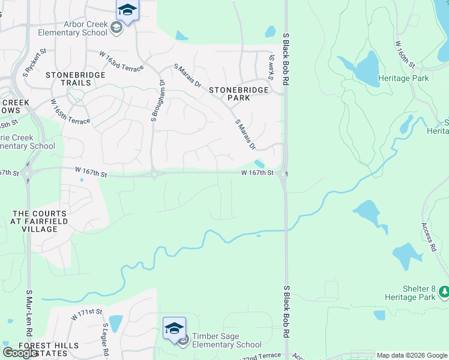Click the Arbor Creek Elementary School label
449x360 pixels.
click(74, 28)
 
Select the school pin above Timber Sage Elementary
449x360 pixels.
click(174, 328)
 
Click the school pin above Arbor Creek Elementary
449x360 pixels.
click(127, 10)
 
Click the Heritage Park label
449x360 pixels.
click(403, 78)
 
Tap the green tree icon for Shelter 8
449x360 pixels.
click(444, 291)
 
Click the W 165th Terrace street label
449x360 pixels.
click(70, 112)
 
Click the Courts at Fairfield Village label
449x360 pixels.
click(40, 221)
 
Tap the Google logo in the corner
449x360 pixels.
click(20, 353)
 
